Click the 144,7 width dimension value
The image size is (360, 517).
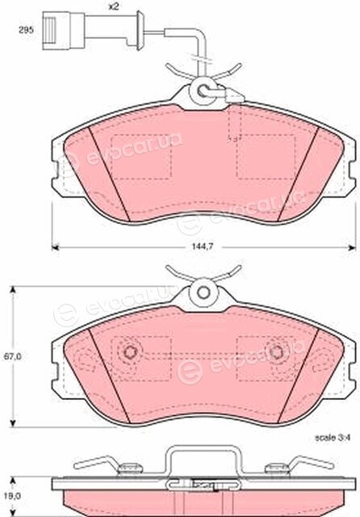pyautogui.click(x=204, y=247)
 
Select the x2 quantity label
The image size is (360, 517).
pyautogui.click(x=114, y=7)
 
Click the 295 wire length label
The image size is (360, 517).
pyautogui.click(x=26, y=30)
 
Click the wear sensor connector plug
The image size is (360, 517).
pyautogui.click(x=63, y=31)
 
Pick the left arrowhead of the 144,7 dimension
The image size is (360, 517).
pyautogui.click(x=56, y=247)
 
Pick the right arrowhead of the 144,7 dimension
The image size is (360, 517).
pyautogui.click(x=353, y=247)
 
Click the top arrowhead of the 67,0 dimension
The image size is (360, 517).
pyautogui.click(x=13, y=289)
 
